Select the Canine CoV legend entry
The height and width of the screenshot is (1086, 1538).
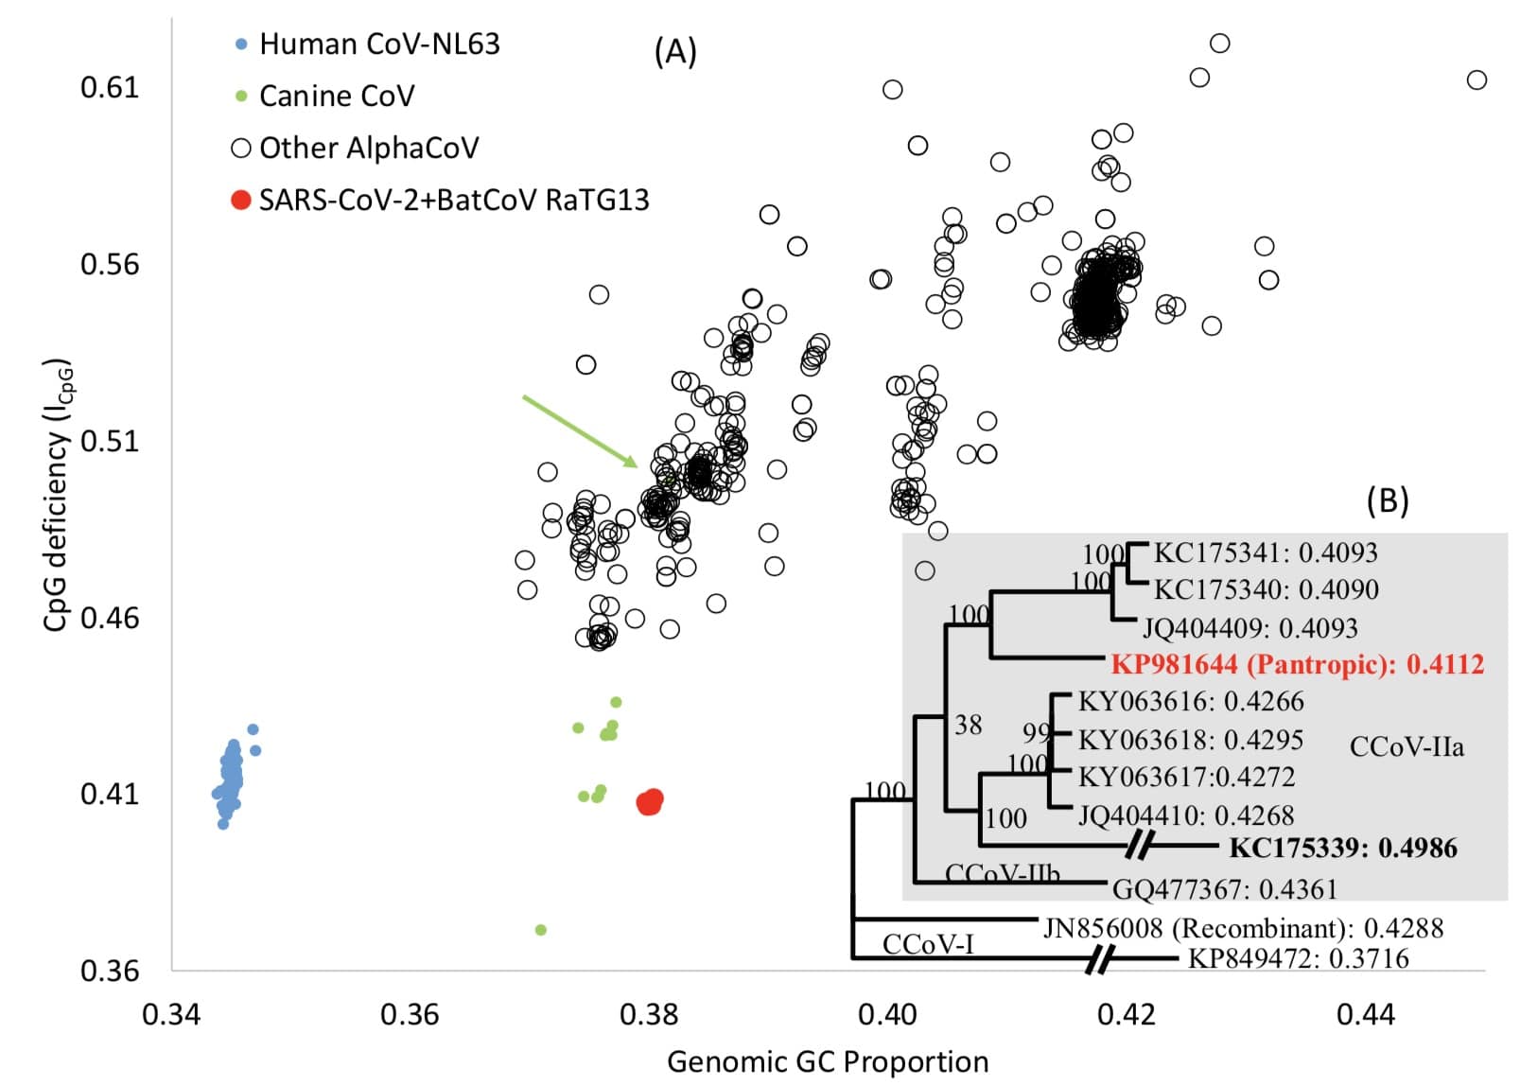coord(336,96)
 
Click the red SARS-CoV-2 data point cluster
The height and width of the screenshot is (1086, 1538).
coord(650,802)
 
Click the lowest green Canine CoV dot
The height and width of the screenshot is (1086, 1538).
coord(541,930)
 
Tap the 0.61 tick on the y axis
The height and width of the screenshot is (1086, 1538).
coord(110,88)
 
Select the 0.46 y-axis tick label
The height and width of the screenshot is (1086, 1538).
coord(110,619)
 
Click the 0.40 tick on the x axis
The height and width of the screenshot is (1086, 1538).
coord(887,1015)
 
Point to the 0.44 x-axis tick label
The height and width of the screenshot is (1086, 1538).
coord(1365,1015)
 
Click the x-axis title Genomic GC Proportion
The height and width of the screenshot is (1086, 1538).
coord(828,1062)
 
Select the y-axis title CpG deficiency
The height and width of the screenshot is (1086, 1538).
coord(57,495)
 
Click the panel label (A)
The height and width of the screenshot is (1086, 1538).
coord(675,52)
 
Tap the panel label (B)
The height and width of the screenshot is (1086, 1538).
coord(1388,499)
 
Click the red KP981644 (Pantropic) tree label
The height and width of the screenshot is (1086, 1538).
coord(1297,665)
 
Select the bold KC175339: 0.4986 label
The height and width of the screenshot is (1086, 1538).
coord(1342,848)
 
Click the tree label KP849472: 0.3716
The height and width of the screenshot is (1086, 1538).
coord(1298,959)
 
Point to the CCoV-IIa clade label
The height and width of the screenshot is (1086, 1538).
coord(1407,747)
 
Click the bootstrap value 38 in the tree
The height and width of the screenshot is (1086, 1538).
coord(968,726)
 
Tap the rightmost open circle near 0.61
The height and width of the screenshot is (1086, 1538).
coord(1477,80)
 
